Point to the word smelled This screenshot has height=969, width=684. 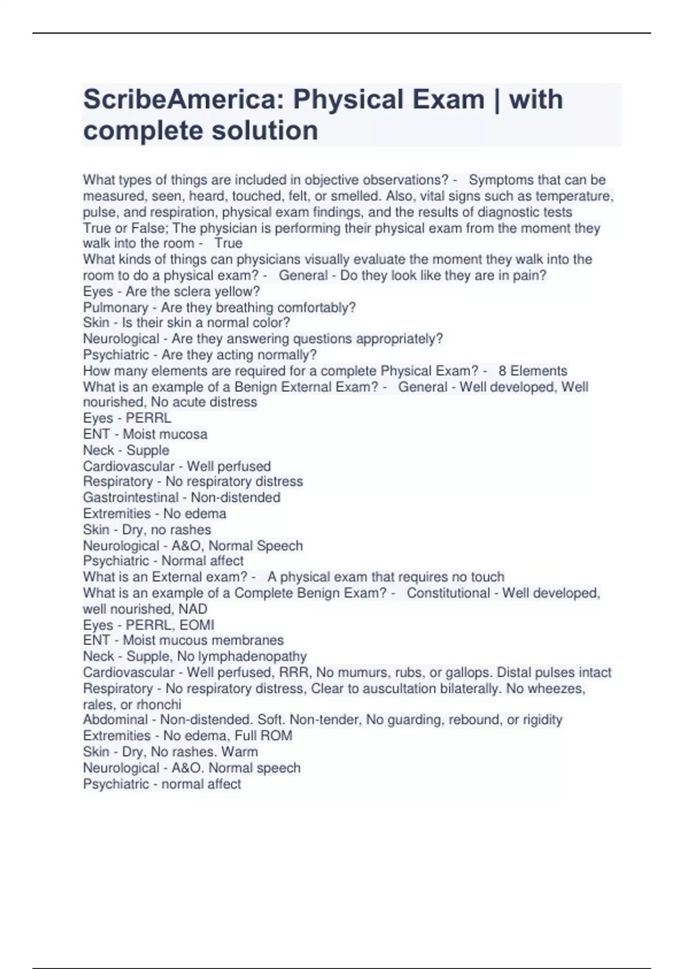click(356, 196)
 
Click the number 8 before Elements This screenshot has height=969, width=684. click(503, 371)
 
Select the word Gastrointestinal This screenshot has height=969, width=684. click(131, 498)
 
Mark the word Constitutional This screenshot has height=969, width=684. click(448, 593)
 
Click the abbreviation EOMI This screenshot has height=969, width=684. click(198, 625)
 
